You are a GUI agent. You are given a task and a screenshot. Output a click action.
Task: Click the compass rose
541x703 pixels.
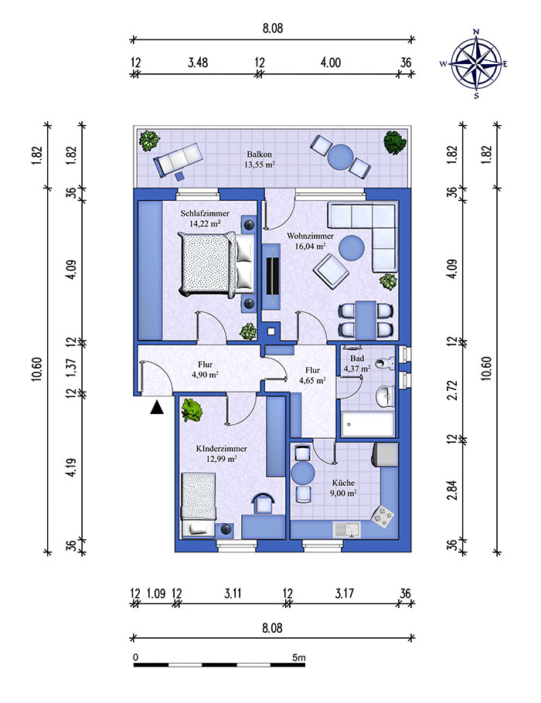476,63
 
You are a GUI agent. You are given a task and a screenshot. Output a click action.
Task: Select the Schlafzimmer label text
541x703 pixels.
205,213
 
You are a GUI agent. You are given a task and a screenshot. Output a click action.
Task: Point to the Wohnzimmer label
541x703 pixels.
311,236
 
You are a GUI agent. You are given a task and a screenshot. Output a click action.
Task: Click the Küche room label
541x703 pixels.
344,483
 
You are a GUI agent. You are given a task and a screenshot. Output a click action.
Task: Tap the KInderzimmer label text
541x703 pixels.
222,448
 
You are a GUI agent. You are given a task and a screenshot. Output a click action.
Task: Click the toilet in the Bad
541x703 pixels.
385,362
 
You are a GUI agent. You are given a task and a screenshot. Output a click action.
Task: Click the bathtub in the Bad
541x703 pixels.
367,424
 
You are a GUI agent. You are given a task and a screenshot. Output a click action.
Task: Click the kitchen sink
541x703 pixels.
347,530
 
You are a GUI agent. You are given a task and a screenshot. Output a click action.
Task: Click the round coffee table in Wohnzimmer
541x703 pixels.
351,248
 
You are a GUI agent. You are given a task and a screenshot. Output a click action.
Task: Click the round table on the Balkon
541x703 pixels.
341,157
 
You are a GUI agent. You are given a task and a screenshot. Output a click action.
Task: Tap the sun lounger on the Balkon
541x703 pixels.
177,160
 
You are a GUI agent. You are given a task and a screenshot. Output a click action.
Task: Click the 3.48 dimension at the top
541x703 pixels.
198,63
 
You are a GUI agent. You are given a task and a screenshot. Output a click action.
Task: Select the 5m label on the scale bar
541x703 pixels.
299,657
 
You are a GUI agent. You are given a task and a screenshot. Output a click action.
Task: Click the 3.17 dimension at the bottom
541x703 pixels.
345,593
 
